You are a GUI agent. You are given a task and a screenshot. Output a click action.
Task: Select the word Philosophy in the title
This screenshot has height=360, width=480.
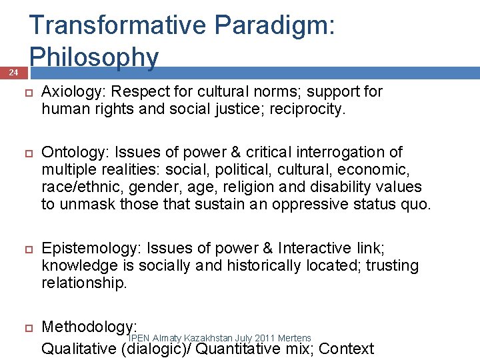point(94,57)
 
